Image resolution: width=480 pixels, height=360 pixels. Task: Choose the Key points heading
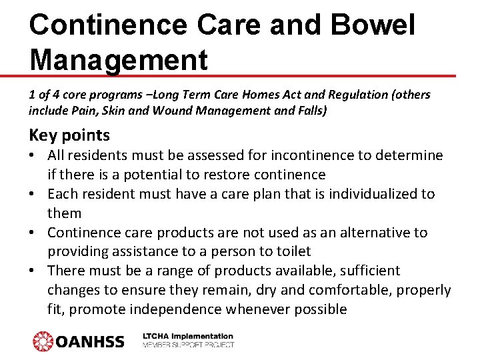(69, 135)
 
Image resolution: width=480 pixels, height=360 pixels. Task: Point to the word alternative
(372, 233)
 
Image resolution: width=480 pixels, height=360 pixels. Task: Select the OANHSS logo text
(90, 341)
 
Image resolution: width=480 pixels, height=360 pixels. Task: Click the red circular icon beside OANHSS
(43, 341)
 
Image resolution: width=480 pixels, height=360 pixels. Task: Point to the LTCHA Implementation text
(188, 337)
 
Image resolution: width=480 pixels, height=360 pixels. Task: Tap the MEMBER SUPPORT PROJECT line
(188, 345)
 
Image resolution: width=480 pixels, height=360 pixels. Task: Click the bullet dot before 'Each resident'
(33, 194)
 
